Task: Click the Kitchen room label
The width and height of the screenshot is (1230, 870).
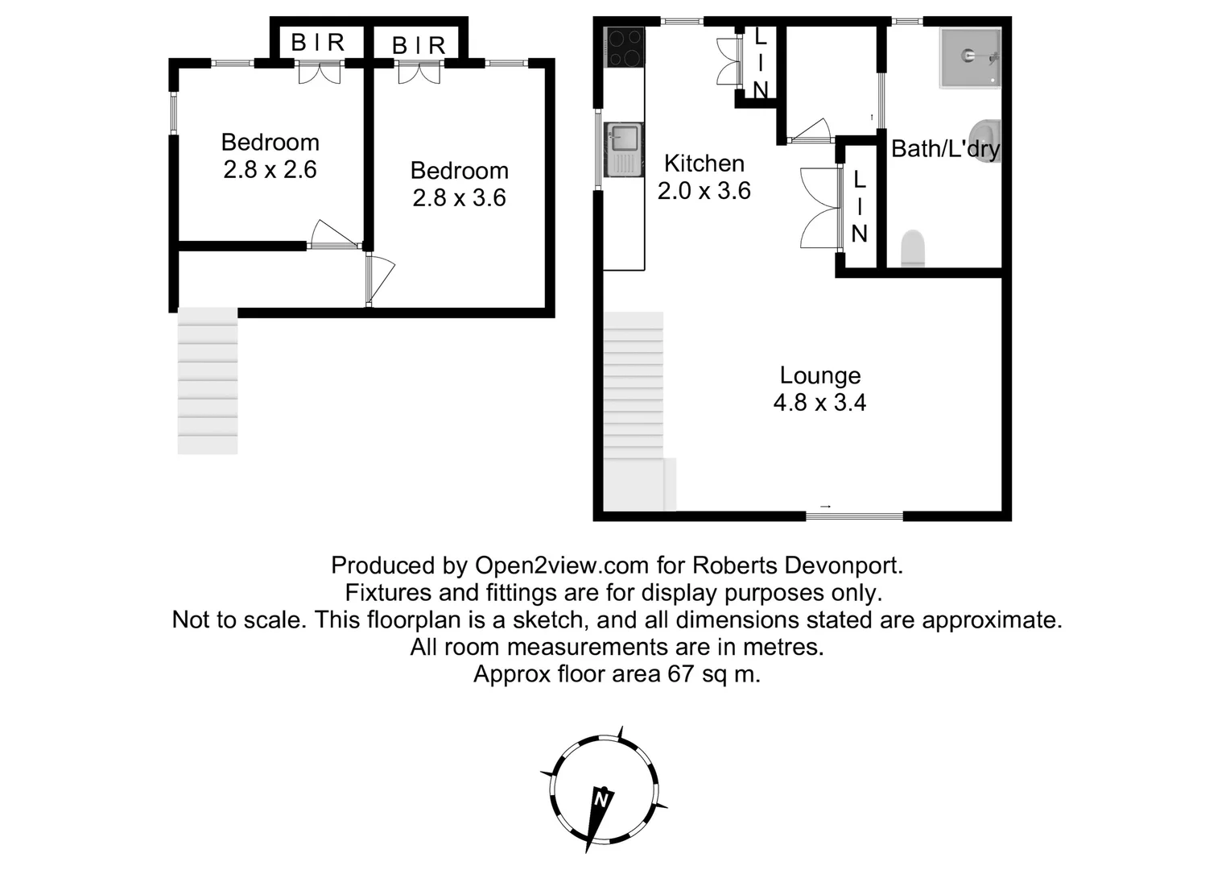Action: [x=704, y=164]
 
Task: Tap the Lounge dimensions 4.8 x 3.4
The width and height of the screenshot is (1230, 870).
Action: [x=819, y=402]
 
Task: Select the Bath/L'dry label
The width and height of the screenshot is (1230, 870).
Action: [x=945, y=148]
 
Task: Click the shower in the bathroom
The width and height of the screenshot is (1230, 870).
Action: [x=970, y=57]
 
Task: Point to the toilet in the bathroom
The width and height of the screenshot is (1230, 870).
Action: [x=912, y=249]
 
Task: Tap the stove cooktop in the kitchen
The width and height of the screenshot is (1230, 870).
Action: [x=625, y=47]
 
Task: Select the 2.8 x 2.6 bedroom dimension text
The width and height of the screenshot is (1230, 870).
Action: [x=270, y=170]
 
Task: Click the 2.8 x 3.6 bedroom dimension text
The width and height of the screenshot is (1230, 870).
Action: [x=459, y=198]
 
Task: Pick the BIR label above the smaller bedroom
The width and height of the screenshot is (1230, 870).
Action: [x=317, y=43]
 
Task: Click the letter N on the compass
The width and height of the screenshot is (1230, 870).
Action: [x=601, y=800]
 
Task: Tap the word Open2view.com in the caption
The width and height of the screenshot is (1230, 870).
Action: [x=562, y=565]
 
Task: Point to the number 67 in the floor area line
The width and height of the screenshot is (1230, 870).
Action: [x=681, y=674]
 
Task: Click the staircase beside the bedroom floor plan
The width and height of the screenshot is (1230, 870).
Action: [x=208, y=380]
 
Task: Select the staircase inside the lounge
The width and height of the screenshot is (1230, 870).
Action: [x=634, y=403]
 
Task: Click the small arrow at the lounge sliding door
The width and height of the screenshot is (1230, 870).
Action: [x=825, y=506]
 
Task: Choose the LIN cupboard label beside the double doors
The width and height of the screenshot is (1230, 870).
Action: [x=859, y=207]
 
